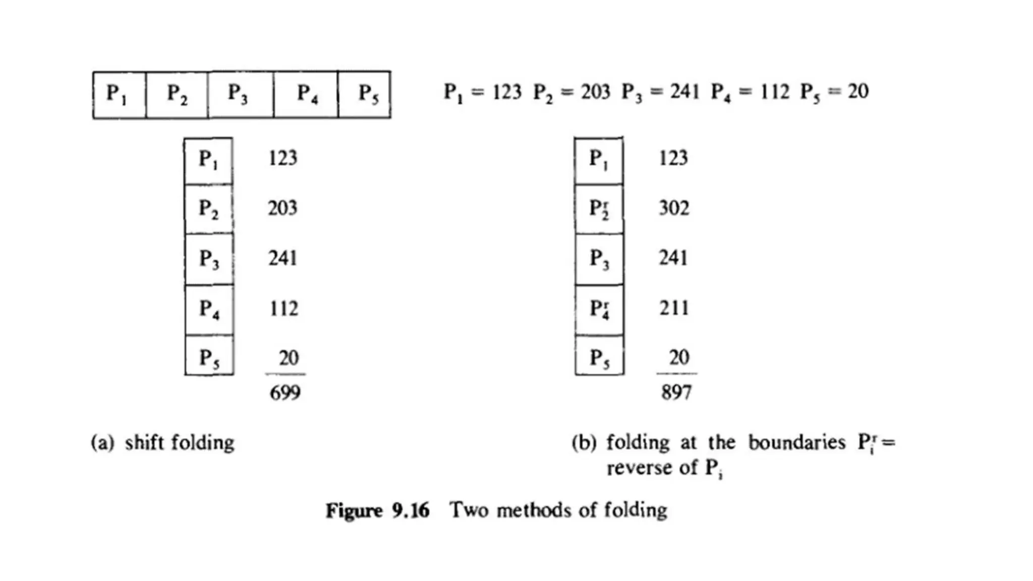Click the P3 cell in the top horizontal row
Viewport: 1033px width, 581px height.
tap(240, 94)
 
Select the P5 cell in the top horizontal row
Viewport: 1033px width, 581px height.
tap(364, 94)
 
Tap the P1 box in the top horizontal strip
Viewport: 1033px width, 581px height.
tap(119, 94)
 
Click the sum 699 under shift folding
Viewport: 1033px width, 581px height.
tap(285, 392)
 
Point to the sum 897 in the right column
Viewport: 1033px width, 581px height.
tap(676, 392)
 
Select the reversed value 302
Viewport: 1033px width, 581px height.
tap(674, 208)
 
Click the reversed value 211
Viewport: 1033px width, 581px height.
tap(674, 308)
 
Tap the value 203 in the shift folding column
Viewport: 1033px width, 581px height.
tap(282, 208)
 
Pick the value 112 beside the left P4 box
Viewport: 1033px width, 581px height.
tap(283, 308)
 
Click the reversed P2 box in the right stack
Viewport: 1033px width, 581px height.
tap(599, 209)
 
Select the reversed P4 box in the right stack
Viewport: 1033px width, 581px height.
tap(599, 309)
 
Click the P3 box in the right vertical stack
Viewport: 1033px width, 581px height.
tap(599, 259)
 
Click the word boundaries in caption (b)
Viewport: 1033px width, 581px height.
tap(796, 443)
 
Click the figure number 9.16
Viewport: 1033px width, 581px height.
tap(411, 510)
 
